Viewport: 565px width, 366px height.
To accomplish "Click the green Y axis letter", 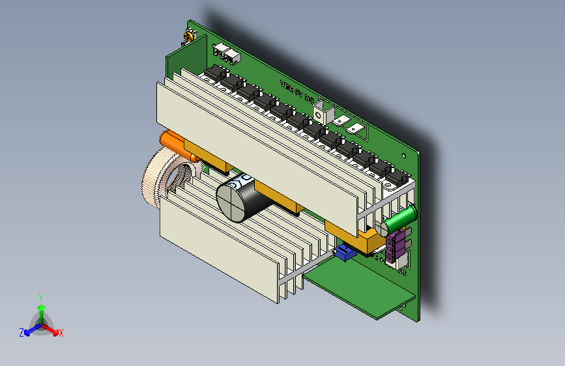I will pos(41,297).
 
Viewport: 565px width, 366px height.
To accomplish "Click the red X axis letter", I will pos(61,333).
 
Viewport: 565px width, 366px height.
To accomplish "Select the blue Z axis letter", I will pos(22,332).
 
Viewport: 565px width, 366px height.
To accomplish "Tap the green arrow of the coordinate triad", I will pos(41,309).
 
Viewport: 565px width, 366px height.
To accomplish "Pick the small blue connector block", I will pos(344,253).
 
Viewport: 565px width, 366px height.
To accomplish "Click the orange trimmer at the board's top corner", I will pos(189,36).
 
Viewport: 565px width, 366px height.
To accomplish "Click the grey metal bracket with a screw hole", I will pos(323,110).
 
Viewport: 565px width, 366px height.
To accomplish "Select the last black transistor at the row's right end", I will pos(396,176).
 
